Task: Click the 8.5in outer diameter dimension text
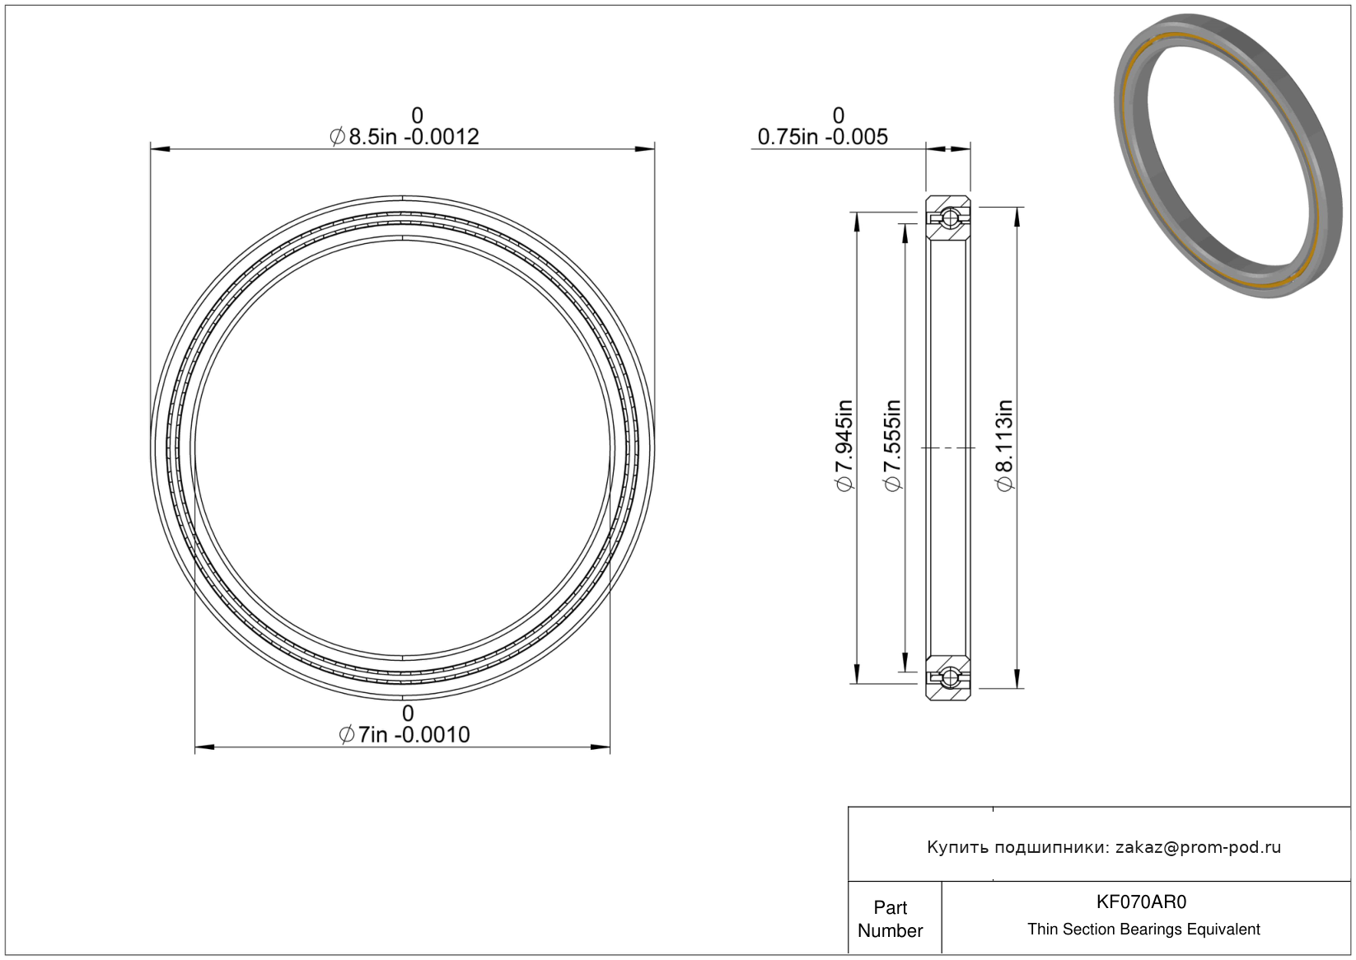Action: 404,137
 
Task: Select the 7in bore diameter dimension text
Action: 404,735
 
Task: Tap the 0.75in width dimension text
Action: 823,137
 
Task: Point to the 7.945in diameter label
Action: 844,446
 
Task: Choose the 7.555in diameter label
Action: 892,446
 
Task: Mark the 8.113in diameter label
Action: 1004,446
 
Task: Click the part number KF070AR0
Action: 1142,902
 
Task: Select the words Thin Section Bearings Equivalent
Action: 1143,930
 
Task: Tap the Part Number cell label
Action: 891,919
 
